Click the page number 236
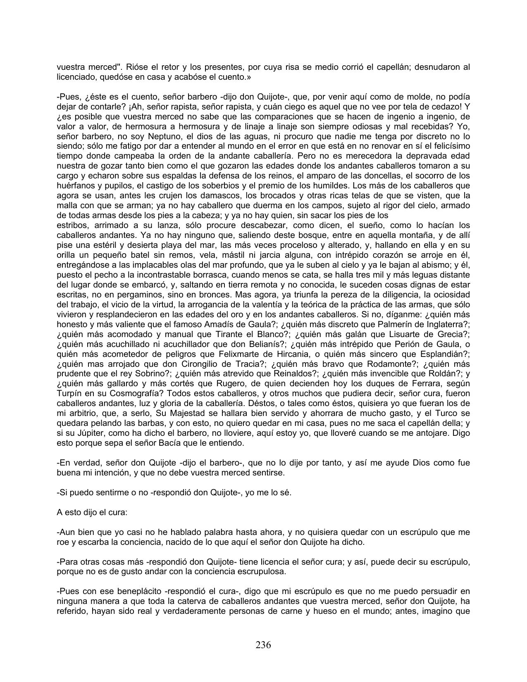click(x=263, y=645)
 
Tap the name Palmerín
click(x=383, y=324)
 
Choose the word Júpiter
click(x=88, y=433)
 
